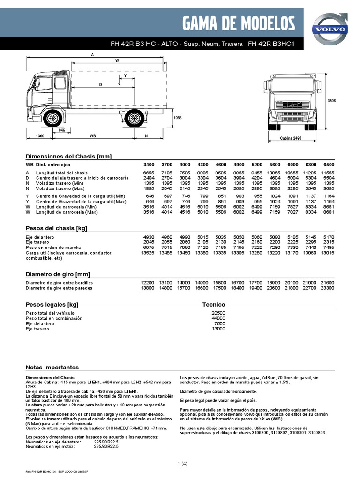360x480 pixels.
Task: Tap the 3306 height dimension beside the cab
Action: (332, 100)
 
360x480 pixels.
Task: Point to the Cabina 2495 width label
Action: (292, 139)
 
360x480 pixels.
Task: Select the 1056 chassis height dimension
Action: (178, 118)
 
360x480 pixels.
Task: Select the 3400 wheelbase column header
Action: (148, 165)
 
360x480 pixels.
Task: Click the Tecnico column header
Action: (214, 304)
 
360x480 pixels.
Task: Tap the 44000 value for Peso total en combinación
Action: (218, 318)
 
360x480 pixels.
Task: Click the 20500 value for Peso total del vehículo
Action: (218, 313)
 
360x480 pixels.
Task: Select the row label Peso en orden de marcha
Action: (54, 247)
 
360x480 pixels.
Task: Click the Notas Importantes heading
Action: (52, 367)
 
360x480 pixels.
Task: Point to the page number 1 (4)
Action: (182, 464)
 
